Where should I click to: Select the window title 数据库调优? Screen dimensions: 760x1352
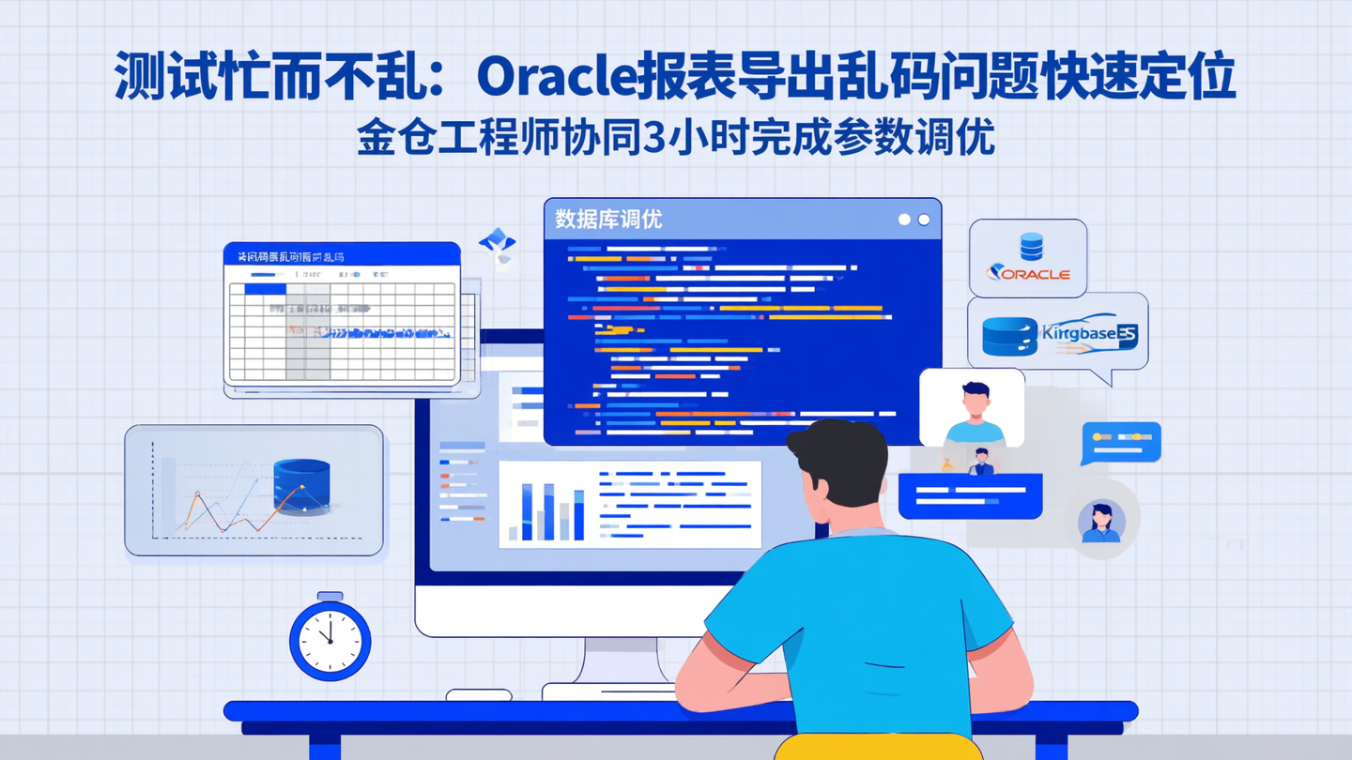tap(607, 220)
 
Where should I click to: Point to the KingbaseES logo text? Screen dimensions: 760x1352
tap(1089, 335)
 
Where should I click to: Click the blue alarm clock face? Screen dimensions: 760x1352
tap(330, 641)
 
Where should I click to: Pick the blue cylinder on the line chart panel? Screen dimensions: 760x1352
tap(301, 483)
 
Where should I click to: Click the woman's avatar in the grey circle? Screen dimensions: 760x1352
tap(1101, 524)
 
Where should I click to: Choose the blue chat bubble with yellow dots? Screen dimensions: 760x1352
tap(1121, 443)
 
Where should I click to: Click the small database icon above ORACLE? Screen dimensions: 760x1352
tap(1031, 247)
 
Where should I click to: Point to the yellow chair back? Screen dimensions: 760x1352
tap(878, 747)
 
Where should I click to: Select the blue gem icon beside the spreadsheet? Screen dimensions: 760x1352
tap(497, 242)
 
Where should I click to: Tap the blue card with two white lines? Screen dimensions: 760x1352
tap(970, 495)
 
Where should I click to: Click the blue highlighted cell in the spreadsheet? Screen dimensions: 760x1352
tap(265, 289)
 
